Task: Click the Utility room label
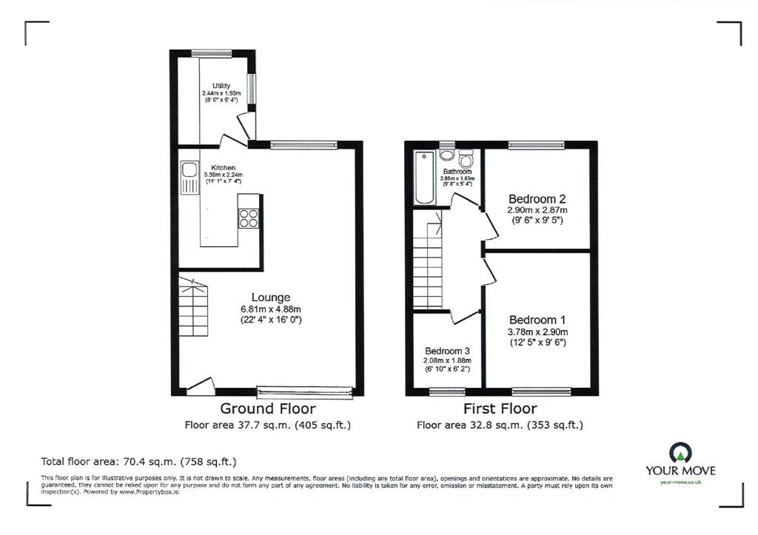pos(221,87)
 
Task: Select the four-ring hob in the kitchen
pos(248,218)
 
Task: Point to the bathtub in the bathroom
pos(425,177)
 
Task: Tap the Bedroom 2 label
pos(537,199)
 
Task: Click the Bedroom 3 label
pos(447,351)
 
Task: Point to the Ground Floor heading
pos(267,408)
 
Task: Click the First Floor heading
pos(500,408)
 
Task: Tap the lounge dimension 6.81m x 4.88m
pos(269,309)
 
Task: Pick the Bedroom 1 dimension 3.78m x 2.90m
pos(537,332)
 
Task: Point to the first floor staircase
pos(429,259)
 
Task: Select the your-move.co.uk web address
pos(680,482)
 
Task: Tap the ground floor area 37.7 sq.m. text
pos(267,425)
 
